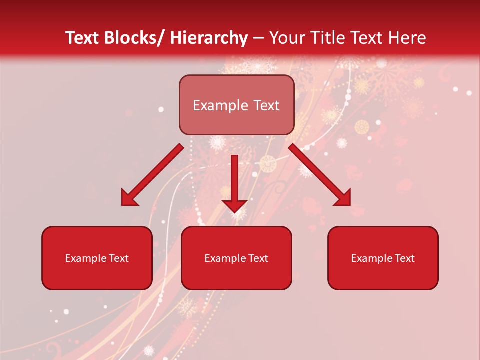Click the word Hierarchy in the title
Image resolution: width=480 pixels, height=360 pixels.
tap(209, 38)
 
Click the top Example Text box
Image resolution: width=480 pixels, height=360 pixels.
tap(236, 105)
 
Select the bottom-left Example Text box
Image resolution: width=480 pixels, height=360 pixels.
tap(97, 258)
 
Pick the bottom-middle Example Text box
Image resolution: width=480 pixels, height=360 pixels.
tap(236, 258)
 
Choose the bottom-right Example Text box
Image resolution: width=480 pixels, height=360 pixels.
tap(383, 258)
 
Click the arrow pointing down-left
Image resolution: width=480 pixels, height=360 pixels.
tap(152, 175)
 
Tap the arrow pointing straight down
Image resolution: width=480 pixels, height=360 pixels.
tap(234, 182)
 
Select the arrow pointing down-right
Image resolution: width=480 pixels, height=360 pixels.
tap(320, 175)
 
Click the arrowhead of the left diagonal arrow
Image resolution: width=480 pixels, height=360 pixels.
tap(129, 199)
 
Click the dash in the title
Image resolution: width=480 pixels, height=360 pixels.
tap(259, 39)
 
